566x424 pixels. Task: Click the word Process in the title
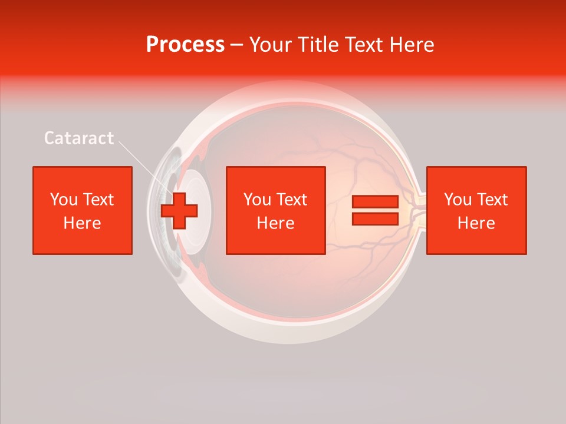tap(185, 45)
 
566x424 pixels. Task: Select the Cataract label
tap(79, 138)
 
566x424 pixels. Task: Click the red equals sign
tap(376, 211)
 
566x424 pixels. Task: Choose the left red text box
tap(83, 210)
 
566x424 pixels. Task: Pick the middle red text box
tap(276, 210)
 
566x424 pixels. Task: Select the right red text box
tap(476, 210)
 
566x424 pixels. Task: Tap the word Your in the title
tap(269, 45)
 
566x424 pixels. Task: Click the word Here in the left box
tap(83, 223)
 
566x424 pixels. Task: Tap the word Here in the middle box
tap(276, 223)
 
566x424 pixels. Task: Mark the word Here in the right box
tap(476, 223)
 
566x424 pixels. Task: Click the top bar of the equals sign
tap(376, 202)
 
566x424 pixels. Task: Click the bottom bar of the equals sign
tap(376, 219)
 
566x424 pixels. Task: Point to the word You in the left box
tap(64, 200)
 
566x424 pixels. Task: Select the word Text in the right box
tap(492, 200)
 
